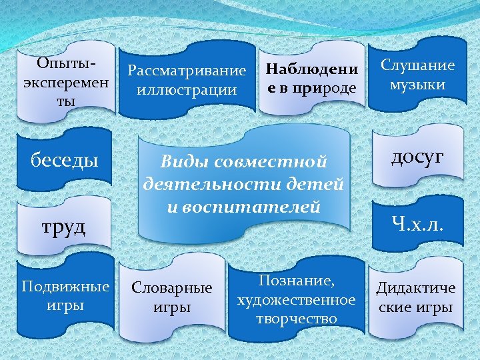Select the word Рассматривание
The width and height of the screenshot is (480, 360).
pyautogui.click(x=187, y=69)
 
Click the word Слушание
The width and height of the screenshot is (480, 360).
pyautogui.click(x=418, y=65)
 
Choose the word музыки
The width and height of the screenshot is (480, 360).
pyautogui.click(x=418, y=85)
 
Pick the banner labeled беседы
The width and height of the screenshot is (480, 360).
pyautogui.click(x=65, y=160)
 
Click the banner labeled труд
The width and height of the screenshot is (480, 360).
pyautogui.click(x=64, y=227)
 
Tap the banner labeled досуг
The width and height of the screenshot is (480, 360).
pyautogui.click(x=417, y=157)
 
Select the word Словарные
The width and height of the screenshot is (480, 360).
pyautogui.click(x=172, y=288)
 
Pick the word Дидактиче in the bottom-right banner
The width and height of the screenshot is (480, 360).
pyautogui.click(x=416, y=288)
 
